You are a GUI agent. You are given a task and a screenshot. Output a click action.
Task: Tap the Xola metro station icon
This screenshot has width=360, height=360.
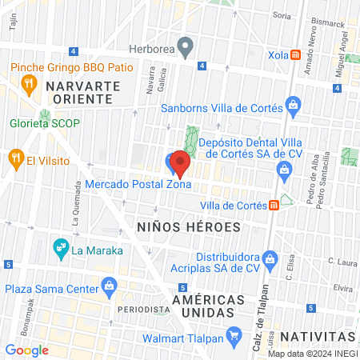[295, 55]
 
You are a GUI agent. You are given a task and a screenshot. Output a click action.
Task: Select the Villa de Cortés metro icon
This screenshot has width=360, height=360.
[274, 205]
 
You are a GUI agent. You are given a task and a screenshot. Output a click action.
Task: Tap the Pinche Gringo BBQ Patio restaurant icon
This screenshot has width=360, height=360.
[30, 82]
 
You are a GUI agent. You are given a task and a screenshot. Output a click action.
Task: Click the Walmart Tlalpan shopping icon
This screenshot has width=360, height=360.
[234, 333]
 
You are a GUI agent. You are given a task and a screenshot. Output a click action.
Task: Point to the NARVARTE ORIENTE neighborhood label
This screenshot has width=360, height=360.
[78, 91]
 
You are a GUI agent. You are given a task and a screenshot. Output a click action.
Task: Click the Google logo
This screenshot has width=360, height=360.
[27, 350]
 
